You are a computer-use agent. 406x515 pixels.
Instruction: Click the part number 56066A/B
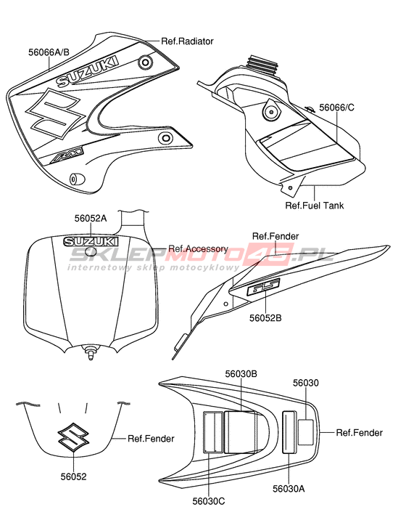tap(49, 52)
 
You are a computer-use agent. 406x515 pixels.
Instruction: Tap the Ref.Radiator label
tap(187, 41)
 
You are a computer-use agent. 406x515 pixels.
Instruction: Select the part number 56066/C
tap(337, 108)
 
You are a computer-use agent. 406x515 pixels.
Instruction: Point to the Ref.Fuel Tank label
tap(315, 206)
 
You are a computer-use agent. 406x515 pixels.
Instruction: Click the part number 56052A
tap(91, 219)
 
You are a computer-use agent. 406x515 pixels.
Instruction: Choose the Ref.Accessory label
tap(198, 248)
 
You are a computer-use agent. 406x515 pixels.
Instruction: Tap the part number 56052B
tap(265, 318)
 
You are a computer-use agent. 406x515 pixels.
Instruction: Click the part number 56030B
tap(241, 374)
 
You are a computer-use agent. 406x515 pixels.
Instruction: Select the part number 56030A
tap(289, 489)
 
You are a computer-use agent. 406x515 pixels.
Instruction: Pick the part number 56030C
tap(209, 501)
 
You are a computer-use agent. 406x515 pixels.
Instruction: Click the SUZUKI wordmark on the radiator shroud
tap(88, 72)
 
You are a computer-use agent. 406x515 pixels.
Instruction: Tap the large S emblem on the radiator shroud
tap(55, 113)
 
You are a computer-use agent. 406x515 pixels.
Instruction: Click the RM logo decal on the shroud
tap(67, 155)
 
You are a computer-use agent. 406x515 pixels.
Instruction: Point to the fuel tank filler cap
tap(262, 62)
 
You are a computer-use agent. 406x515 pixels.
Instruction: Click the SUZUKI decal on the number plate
tap(91, 242)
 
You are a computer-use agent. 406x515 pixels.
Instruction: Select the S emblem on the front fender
tap(73, 437)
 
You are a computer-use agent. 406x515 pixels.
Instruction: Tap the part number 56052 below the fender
tap(73, 477)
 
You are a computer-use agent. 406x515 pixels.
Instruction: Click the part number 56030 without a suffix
tap(306, 383)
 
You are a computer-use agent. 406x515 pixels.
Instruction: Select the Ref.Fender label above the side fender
tap(275, 236)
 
